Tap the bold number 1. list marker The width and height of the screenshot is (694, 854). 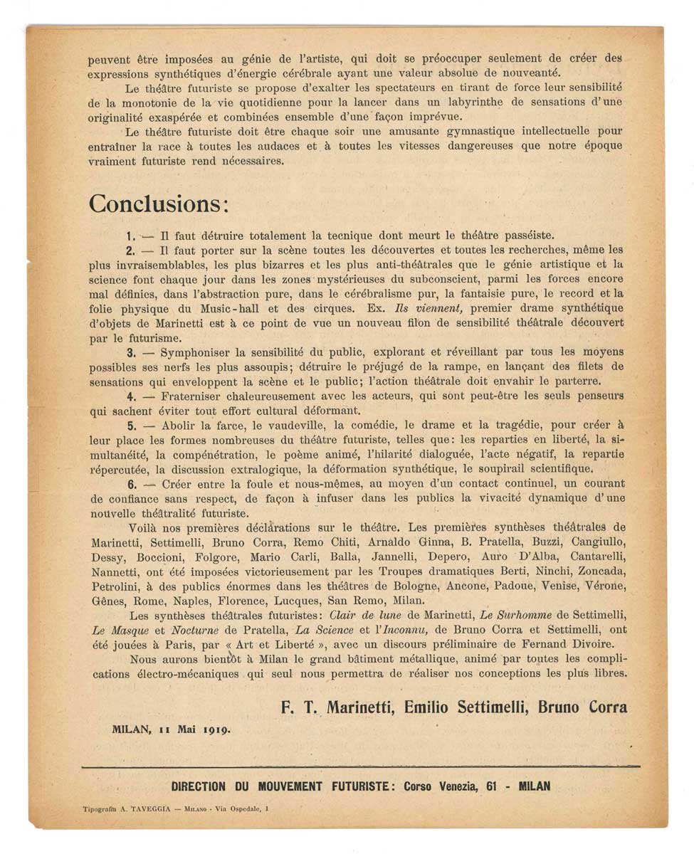[130, 236]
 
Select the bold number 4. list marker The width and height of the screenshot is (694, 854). [131, 396]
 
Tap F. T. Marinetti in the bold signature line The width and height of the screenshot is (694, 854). [339, 707]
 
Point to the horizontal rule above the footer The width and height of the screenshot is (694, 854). [360, 766]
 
